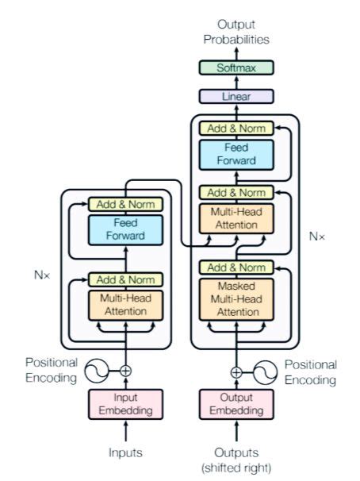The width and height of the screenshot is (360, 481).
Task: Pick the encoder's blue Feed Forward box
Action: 125,230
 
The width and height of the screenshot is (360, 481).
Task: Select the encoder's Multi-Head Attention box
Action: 125,306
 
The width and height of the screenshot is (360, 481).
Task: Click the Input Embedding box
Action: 125,405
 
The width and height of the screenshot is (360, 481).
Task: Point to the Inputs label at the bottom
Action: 125,452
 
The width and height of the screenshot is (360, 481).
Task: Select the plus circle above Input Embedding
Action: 125,370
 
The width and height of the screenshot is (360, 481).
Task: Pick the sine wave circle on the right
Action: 265,371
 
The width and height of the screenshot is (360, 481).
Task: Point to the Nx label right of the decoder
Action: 318,237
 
